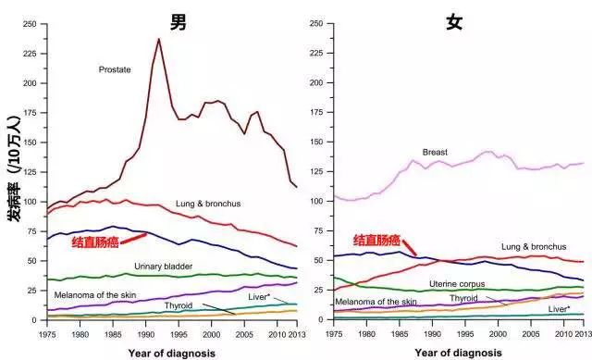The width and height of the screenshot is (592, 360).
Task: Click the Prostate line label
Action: (x=115, y=70)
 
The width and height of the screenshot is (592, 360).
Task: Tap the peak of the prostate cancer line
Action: (x=159, y=39)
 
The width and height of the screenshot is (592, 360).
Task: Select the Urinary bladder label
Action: (x=164, y=267)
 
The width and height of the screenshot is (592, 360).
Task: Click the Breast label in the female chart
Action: (x=435, y=152)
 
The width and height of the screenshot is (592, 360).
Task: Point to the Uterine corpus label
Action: (x=457, y=284)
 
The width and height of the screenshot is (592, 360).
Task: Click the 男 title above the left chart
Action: (x=179, y=22)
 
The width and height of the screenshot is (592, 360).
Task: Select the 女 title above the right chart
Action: (x=454, y=22)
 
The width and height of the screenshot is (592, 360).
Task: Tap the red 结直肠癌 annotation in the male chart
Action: (x=95, y=242)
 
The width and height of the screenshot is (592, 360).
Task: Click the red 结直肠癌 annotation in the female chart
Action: (x=376, y=241)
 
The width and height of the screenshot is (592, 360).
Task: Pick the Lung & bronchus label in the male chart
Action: (x=208, y=204)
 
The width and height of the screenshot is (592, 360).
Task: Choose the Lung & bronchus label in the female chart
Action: (x=534, y=247)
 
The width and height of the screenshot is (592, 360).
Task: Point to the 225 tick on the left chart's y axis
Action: (x=30, y=54)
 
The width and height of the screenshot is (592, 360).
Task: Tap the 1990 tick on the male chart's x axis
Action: (x=146, y=335)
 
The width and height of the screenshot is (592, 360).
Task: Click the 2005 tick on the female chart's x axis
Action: (x=531, y=334)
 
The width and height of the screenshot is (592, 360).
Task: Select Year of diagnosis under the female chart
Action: (x=459, y=353)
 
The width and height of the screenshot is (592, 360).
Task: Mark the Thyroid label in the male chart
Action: (x=179, y=305)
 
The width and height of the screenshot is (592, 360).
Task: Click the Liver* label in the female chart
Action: (x=559, y=309)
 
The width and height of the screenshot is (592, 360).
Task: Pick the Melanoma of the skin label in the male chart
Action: (x=95, y=295)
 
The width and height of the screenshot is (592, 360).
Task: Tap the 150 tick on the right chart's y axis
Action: (x=316, y=142)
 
